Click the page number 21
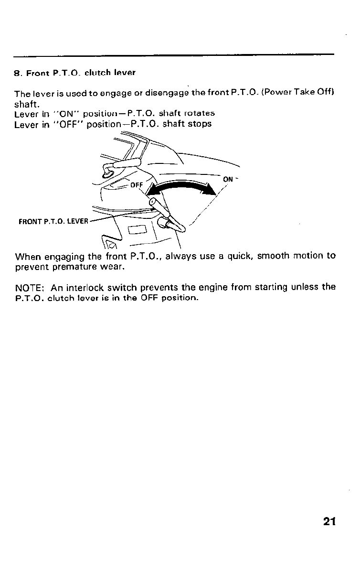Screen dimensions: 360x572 [329, 521]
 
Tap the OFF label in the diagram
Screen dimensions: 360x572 [137, 185]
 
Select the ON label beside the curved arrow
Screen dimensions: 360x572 [228, 179]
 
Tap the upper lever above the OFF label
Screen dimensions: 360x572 [125, 163]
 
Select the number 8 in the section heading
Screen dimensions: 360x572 [16, 74]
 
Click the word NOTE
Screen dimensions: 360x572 [30, 288]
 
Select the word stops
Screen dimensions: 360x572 [201, 124]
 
